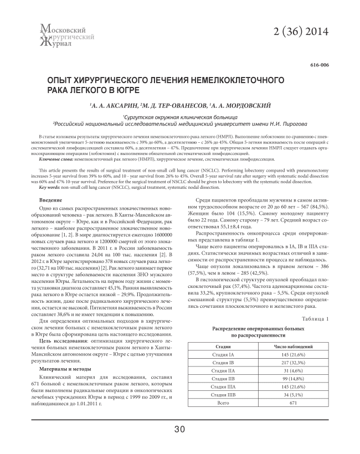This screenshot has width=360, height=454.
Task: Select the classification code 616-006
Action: pyautogui.click(x=320, y=65)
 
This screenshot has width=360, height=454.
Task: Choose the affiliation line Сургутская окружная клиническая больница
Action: pyautogui.click(x=179, y=117)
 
